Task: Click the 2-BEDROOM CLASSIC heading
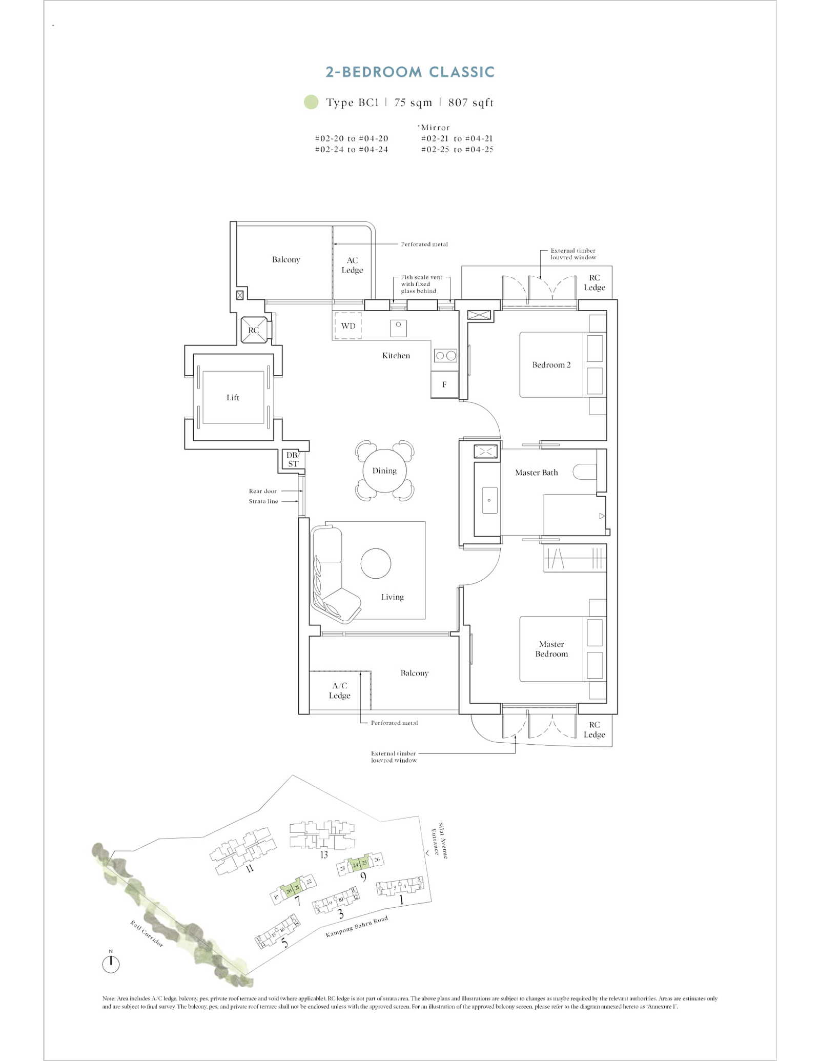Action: pos(410,72)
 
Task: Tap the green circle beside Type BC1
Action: pos(311,102)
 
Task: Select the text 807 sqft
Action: pos(470,103)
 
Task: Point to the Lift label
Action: pos(233,398)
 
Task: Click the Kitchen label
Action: pos(396,356)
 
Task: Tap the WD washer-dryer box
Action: pos(348,326)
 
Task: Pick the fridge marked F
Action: pos(444,384)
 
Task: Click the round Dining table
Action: pos(384,471)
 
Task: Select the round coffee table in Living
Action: pos(376,563)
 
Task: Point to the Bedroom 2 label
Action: pos(551,365)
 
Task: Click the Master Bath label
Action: pos(536,473)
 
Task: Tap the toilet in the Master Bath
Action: pos(584,472)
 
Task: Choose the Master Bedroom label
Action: pos(551,649)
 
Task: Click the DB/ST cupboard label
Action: pos(293,459)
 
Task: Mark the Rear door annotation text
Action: pos(262,491)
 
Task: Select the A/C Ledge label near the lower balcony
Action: pos(340,690)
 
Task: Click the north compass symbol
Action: pos(111,964)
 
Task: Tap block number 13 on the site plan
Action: pos(324,854)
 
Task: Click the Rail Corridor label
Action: pos(147,933)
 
